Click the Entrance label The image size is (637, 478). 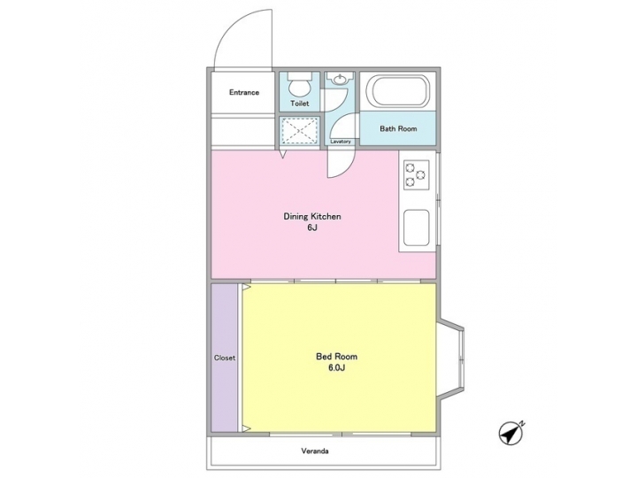click(x=244, y=92)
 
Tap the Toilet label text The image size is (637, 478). click(x=300, y=104)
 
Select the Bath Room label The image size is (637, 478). click(x=398, y=128)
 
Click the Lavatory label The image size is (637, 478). click(x=340, y=142)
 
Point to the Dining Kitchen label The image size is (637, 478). click(x=312, y=216)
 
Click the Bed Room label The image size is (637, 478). click(x=337, y=357)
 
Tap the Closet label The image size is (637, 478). click(x=225, y=358)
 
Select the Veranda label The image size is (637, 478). click(x=316, y=451)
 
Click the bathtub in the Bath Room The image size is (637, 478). click(x=397, y=91)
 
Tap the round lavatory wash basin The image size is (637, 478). click(x=339, y=81)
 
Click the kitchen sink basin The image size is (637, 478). click(x=417, y=229)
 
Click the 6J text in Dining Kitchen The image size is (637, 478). click(x=312, y=228)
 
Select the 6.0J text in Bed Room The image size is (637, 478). click(x=337, y=368)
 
